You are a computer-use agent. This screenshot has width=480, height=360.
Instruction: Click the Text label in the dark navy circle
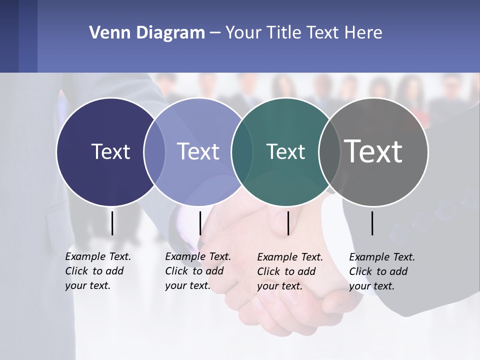pyautogui.click(x=110, y=151)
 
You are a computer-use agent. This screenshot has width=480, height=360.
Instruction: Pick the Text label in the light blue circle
pyautogui.click(x=198, y=151)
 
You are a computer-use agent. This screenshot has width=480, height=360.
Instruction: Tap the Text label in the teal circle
pyautogui.click(x=285, y=151)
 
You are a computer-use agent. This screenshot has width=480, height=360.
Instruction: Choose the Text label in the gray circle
pyautogui.click(x=373, y=151)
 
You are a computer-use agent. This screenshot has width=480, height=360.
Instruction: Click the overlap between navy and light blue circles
pyautogui.click(x=154, y=151)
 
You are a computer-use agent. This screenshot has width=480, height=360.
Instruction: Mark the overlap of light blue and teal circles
pyautogui.click(x=241, y=151)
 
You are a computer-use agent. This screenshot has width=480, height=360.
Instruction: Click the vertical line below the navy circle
pyautogui.click(x=112, y=223)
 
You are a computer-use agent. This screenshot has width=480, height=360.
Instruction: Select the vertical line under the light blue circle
pyautogui.click(x=200, y=223)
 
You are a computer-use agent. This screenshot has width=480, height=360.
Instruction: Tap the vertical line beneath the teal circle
pyautogui.click(x=288, y=223)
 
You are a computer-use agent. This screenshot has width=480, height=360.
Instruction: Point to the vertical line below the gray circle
pyautogui.click(x=372, y=223)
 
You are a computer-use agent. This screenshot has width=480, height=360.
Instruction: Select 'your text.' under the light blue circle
pyautogui.click(x=187, y=285)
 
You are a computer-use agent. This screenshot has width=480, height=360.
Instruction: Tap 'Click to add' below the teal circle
pyautogui.click(x=286, y=271)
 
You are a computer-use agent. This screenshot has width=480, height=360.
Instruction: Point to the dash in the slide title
pyautogui.click(x=214, y=33)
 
